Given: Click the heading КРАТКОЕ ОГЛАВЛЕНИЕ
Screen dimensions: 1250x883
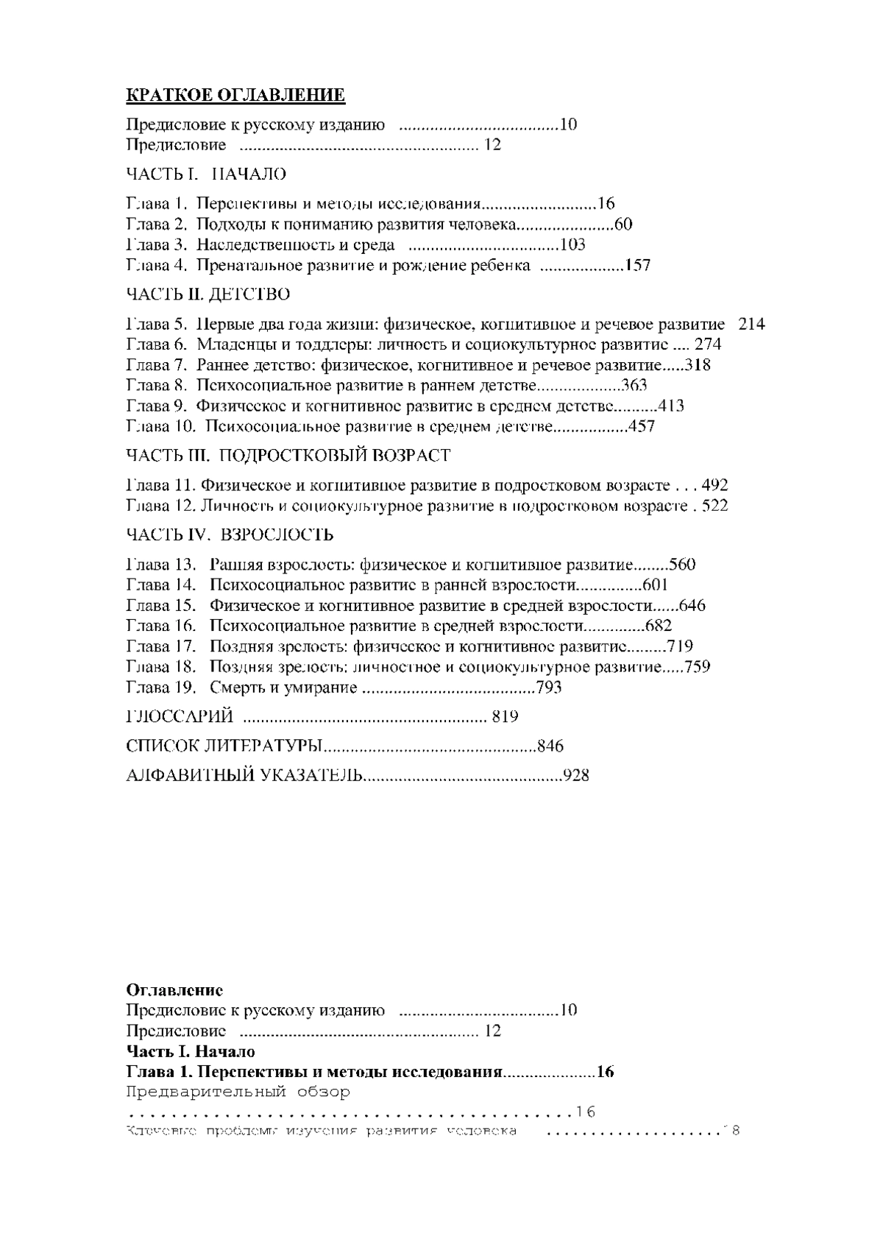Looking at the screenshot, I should click(235, 96).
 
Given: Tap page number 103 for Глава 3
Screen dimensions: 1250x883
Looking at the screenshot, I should click(572, 245).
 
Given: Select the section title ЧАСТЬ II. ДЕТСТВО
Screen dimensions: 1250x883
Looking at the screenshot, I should click(208, 294).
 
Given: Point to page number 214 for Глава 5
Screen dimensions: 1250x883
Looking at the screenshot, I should click(751, 325).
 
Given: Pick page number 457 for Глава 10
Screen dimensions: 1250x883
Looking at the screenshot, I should click(640, 426).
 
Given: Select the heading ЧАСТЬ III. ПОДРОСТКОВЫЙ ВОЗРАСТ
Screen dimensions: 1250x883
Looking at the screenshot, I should click(288, 456).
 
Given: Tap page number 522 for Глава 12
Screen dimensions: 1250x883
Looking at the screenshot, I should click(714, 506).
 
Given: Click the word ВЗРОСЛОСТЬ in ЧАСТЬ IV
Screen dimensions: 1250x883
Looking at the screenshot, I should click(277, 535).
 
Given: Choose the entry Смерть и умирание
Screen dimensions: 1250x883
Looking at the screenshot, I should click(283, 688).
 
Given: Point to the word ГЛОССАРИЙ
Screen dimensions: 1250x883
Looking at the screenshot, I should click(180, 717).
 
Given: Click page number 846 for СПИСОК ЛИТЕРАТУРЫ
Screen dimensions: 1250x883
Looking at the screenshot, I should click(550, 746).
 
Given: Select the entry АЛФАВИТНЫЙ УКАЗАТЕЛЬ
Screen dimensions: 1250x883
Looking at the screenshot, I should click(244, 775).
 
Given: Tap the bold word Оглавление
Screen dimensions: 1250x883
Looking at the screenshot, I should click(175, 990).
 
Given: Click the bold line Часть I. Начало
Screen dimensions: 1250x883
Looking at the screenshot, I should click(191, 1051).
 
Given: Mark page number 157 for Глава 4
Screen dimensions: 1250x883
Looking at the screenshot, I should click(637, 266).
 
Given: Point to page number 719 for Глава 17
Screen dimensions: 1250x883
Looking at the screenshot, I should click(679, 647).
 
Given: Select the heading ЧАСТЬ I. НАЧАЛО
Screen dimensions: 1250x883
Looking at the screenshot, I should click(206, 174).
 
